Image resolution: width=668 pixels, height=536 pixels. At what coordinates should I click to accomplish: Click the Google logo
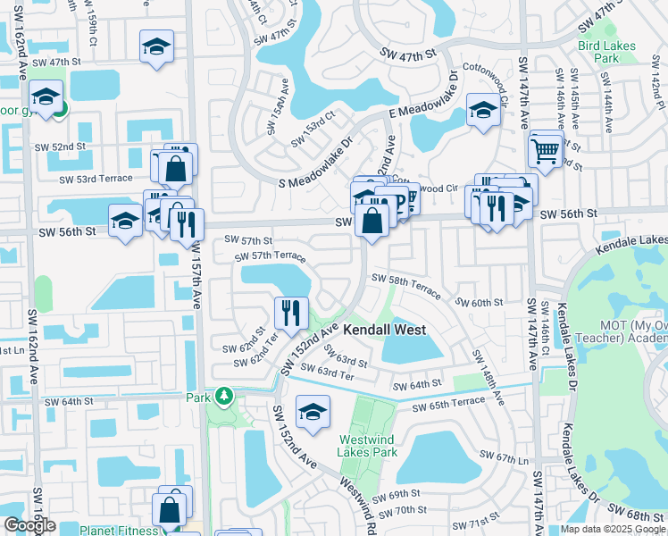[29, 525]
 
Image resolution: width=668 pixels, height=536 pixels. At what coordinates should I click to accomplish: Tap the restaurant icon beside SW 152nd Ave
[291, 313]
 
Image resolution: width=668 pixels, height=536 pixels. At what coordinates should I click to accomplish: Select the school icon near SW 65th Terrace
[313, 411]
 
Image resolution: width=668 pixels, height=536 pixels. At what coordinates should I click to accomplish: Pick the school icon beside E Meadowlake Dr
[482, 112]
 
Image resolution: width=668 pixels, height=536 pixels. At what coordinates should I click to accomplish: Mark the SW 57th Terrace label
[270, 256]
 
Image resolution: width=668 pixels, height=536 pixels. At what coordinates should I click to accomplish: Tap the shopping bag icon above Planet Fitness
[169, 510]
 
